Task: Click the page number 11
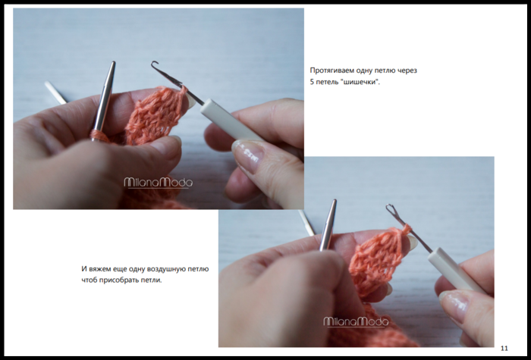504,348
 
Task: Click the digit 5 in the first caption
312,82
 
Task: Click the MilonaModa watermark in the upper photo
158,183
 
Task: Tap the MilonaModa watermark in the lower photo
356,322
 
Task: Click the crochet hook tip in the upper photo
155,64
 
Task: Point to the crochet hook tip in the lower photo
389,207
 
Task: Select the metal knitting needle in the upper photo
104,98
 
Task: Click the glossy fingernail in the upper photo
248,155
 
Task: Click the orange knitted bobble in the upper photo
154,115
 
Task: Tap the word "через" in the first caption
408,70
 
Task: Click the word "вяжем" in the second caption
99,269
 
